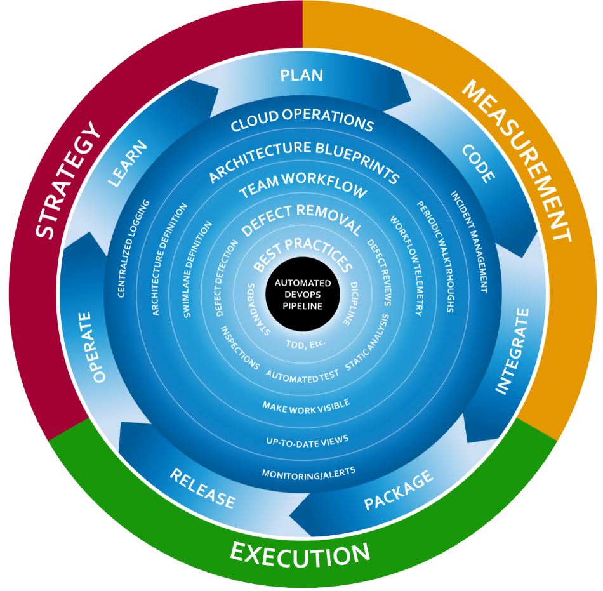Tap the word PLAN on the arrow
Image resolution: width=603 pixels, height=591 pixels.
(302, 76)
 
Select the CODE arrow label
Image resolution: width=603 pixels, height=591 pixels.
(477, 163)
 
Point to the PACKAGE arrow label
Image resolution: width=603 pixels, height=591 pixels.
(399, 490)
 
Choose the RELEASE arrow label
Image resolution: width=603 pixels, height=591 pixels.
(202, 488)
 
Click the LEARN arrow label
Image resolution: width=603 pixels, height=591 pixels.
(127, 164)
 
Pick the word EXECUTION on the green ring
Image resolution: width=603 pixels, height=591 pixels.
(300, 553)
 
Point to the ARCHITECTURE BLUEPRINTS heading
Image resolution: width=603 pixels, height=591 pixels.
(303, 161)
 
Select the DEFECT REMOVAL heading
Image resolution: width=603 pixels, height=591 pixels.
(302, 220)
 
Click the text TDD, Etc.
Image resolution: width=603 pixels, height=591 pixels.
(306, 343)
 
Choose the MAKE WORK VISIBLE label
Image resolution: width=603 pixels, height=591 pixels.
(306, 404)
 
